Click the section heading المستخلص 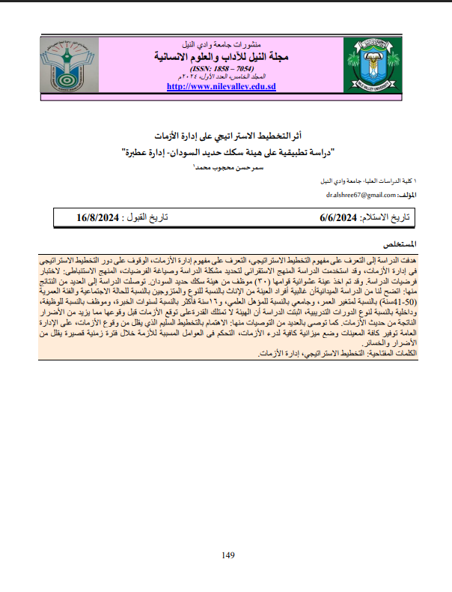399,245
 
